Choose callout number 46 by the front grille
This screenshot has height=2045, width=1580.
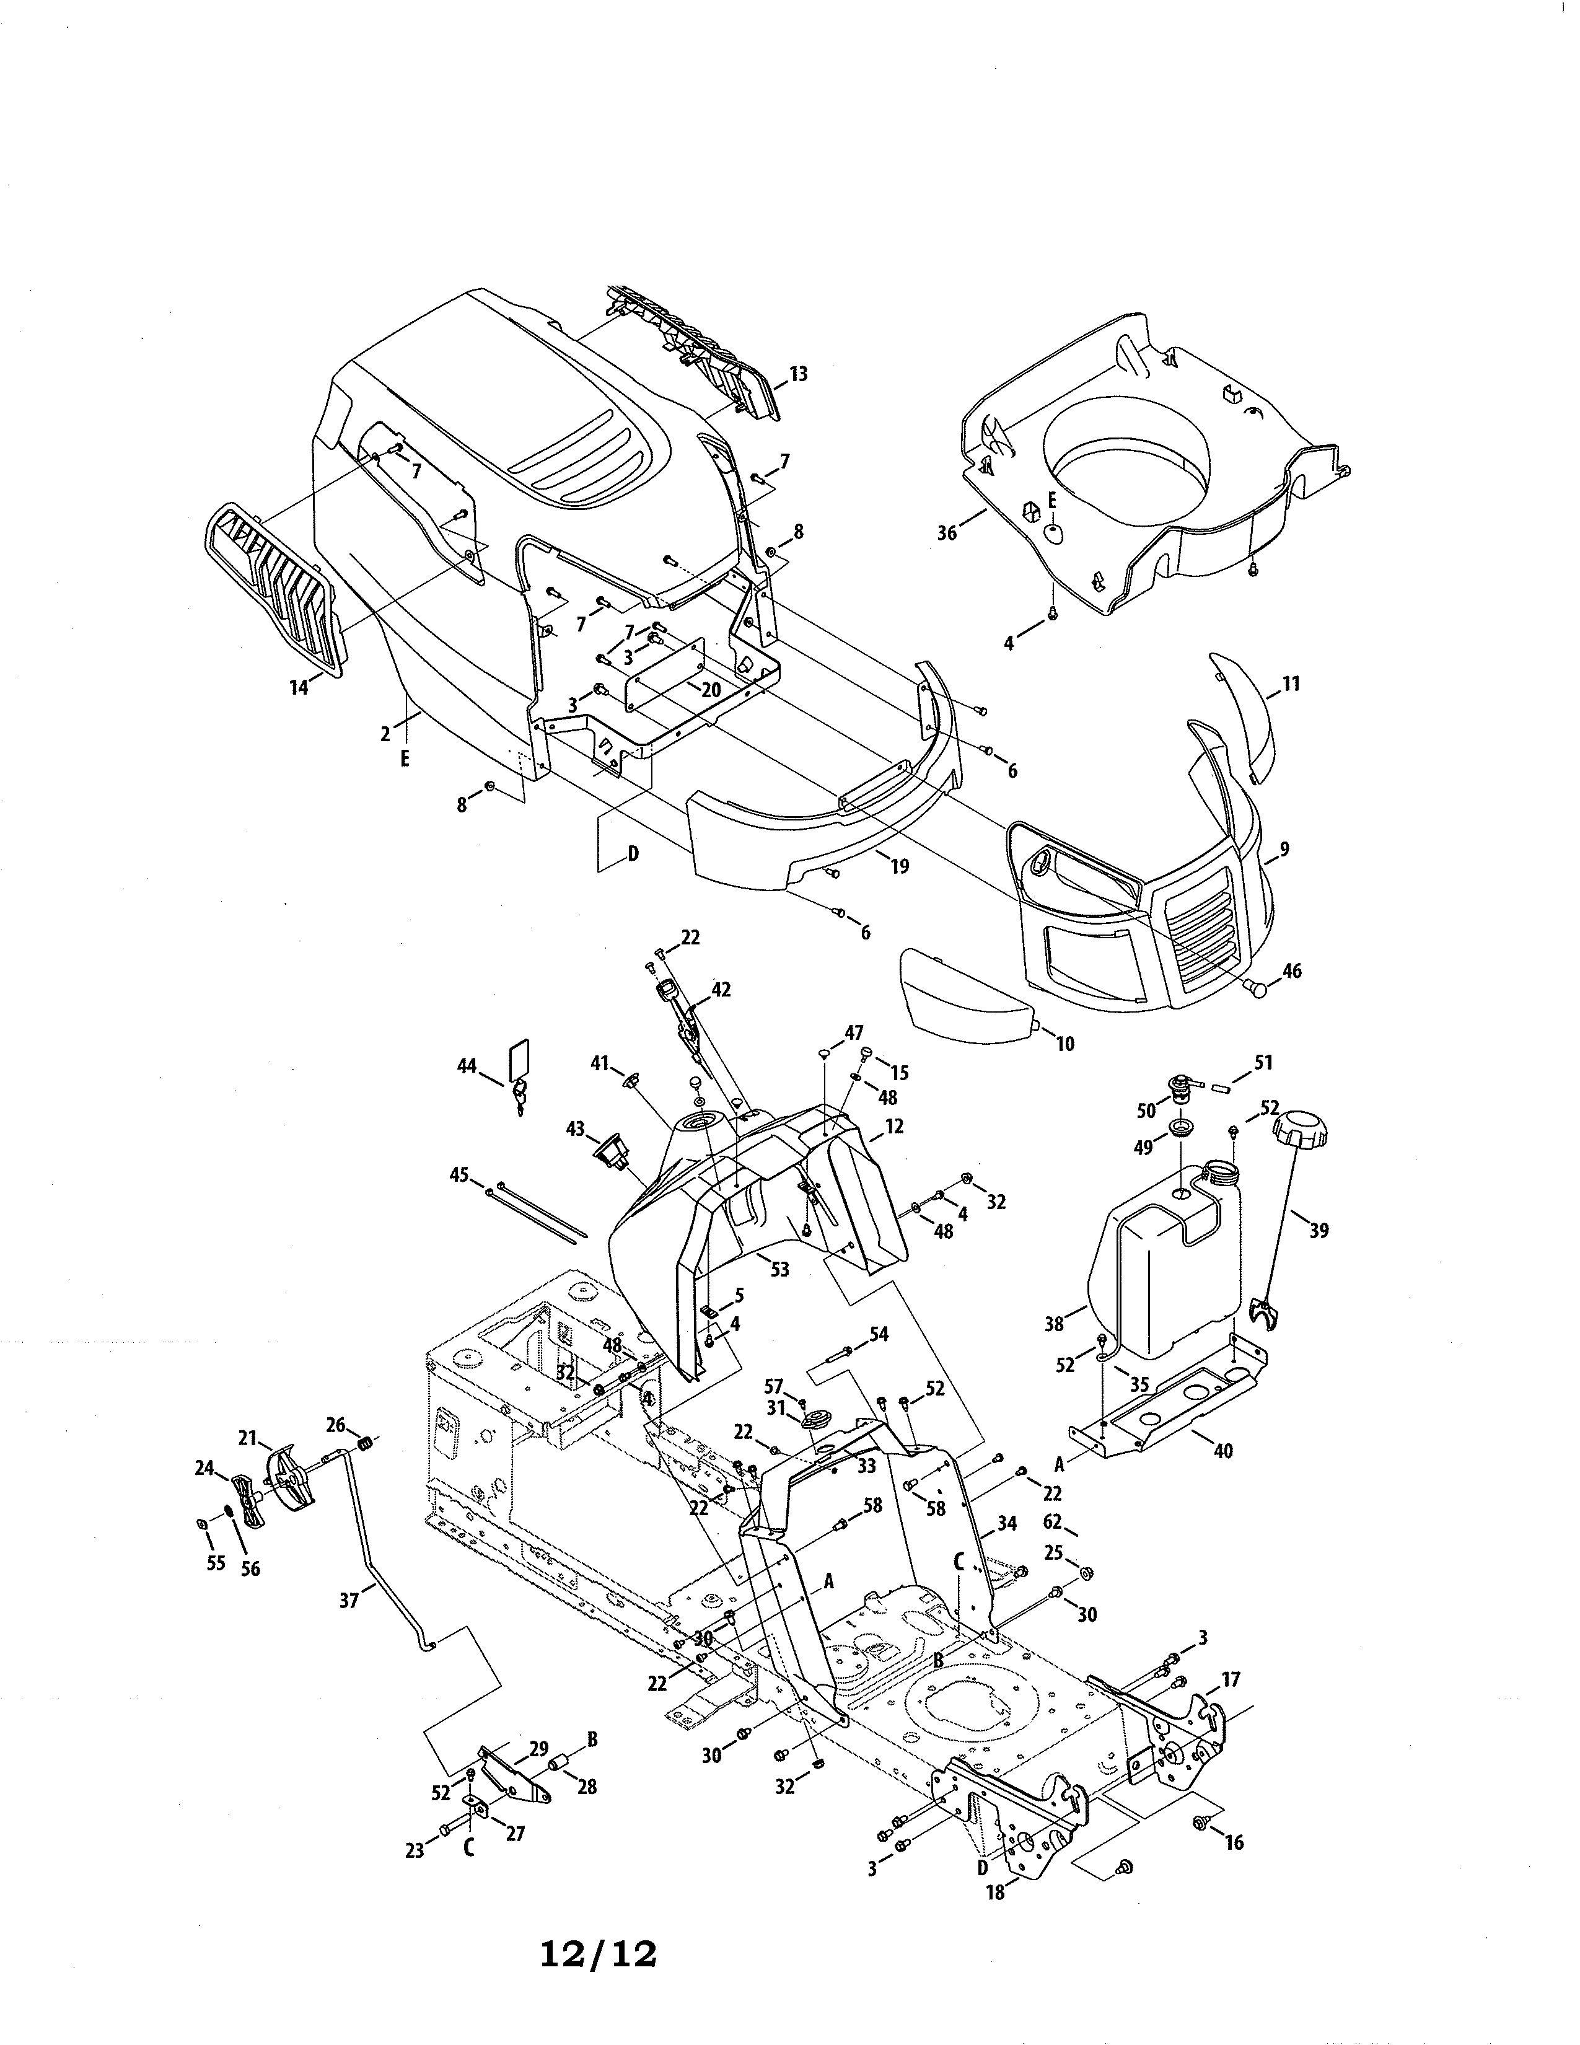[1292, 971]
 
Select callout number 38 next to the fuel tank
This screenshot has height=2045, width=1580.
[1054, 1324]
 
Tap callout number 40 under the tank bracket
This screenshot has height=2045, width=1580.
[1222, 1451]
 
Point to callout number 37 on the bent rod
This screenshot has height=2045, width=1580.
[349, 1601]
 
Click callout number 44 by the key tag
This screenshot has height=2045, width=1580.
[466, 1066]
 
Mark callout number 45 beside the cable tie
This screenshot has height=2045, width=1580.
[459, 1175]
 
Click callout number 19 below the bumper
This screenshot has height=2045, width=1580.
[900, 866]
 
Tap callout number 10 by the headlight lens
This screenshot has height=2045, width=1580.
[1065, 1043]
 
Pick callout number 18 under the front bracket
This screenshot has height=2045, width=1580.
[995, 1893]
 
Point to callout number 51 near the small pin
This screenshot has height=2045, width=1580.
[1263, 1063]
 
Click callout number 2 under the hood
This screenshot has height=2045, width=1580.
[385, 735]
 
